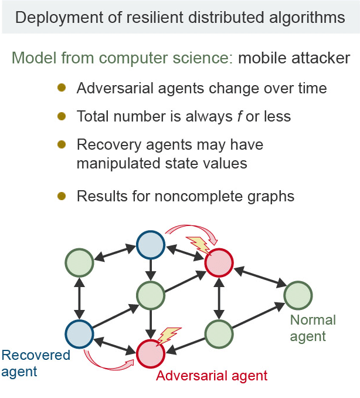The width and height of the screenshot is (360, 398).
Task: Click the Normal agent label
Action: [313, 328]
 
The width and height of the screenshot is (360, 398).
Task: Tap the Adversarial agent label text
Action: [211, 375]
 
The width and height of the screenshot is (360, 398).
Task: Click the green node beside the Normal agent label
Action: [298, 295]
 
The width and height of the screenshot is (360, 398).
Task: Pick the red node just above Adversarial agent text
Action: [151, 353]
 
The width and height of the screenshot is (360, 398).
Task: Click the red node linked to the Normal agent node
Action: [219, 262]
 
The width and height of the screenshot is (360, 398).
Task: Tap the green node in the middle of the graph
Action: [151, 295]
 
